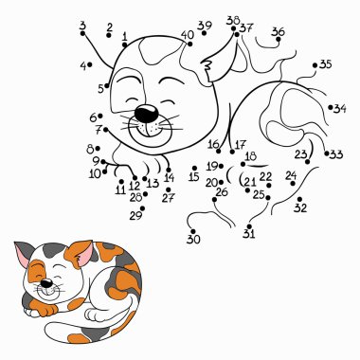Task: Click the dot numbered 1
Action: click(x=125, y=45)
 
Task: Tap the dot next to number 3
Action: click(x=82, y=33)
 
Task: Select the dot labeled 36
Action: click(x=279, y=39)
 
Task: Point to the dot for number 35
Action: click(x=315, y=65)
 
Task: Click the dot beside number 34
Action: click(x=331, y=107)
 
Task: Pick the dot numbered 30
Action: click(x=193, y=231)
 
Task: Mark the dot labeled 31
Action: click(x=249, y=226)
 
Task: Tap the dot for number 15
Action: click(x=194, y=169)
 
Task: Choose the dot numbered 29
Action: click(x=142, y=208)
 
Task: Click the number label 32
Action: click(x=300, y=208)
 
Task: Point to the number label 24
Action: click(x=291, y=175)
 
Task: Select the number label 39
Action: click(x=205, y=26)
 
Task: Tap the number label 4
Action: click(x=83, y=66)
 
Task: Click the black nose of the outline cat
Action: click(x=146, y=113)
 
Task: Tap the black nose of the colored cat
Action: click(x=47, y=283)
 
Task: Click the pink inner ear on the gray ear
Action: click(x=22, y=252)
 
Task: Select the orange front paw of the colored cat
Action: click(x=44, y=308)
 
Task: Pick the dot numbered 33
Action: click(x=326, y=153)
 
